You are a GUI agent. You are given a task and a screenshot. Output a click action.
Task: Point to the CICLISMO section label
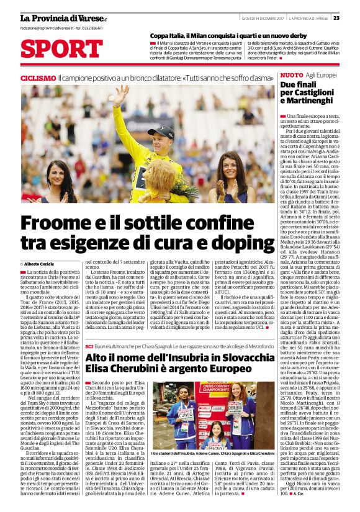(x=38, y=78)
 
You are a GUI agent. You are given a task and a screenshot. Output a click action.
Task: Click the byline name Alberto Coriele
(x=41, y=264)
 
